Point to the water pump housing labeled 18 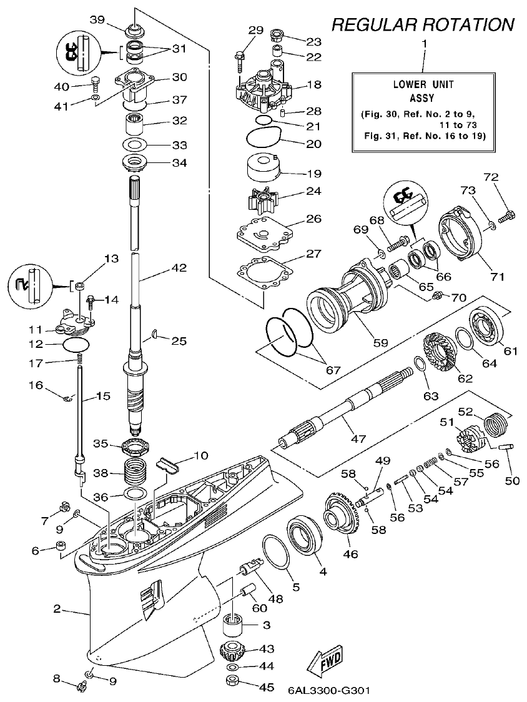click(262, 88)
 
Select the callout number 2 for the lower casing click(57, 608)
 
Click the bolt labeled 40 click(96, 82)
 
